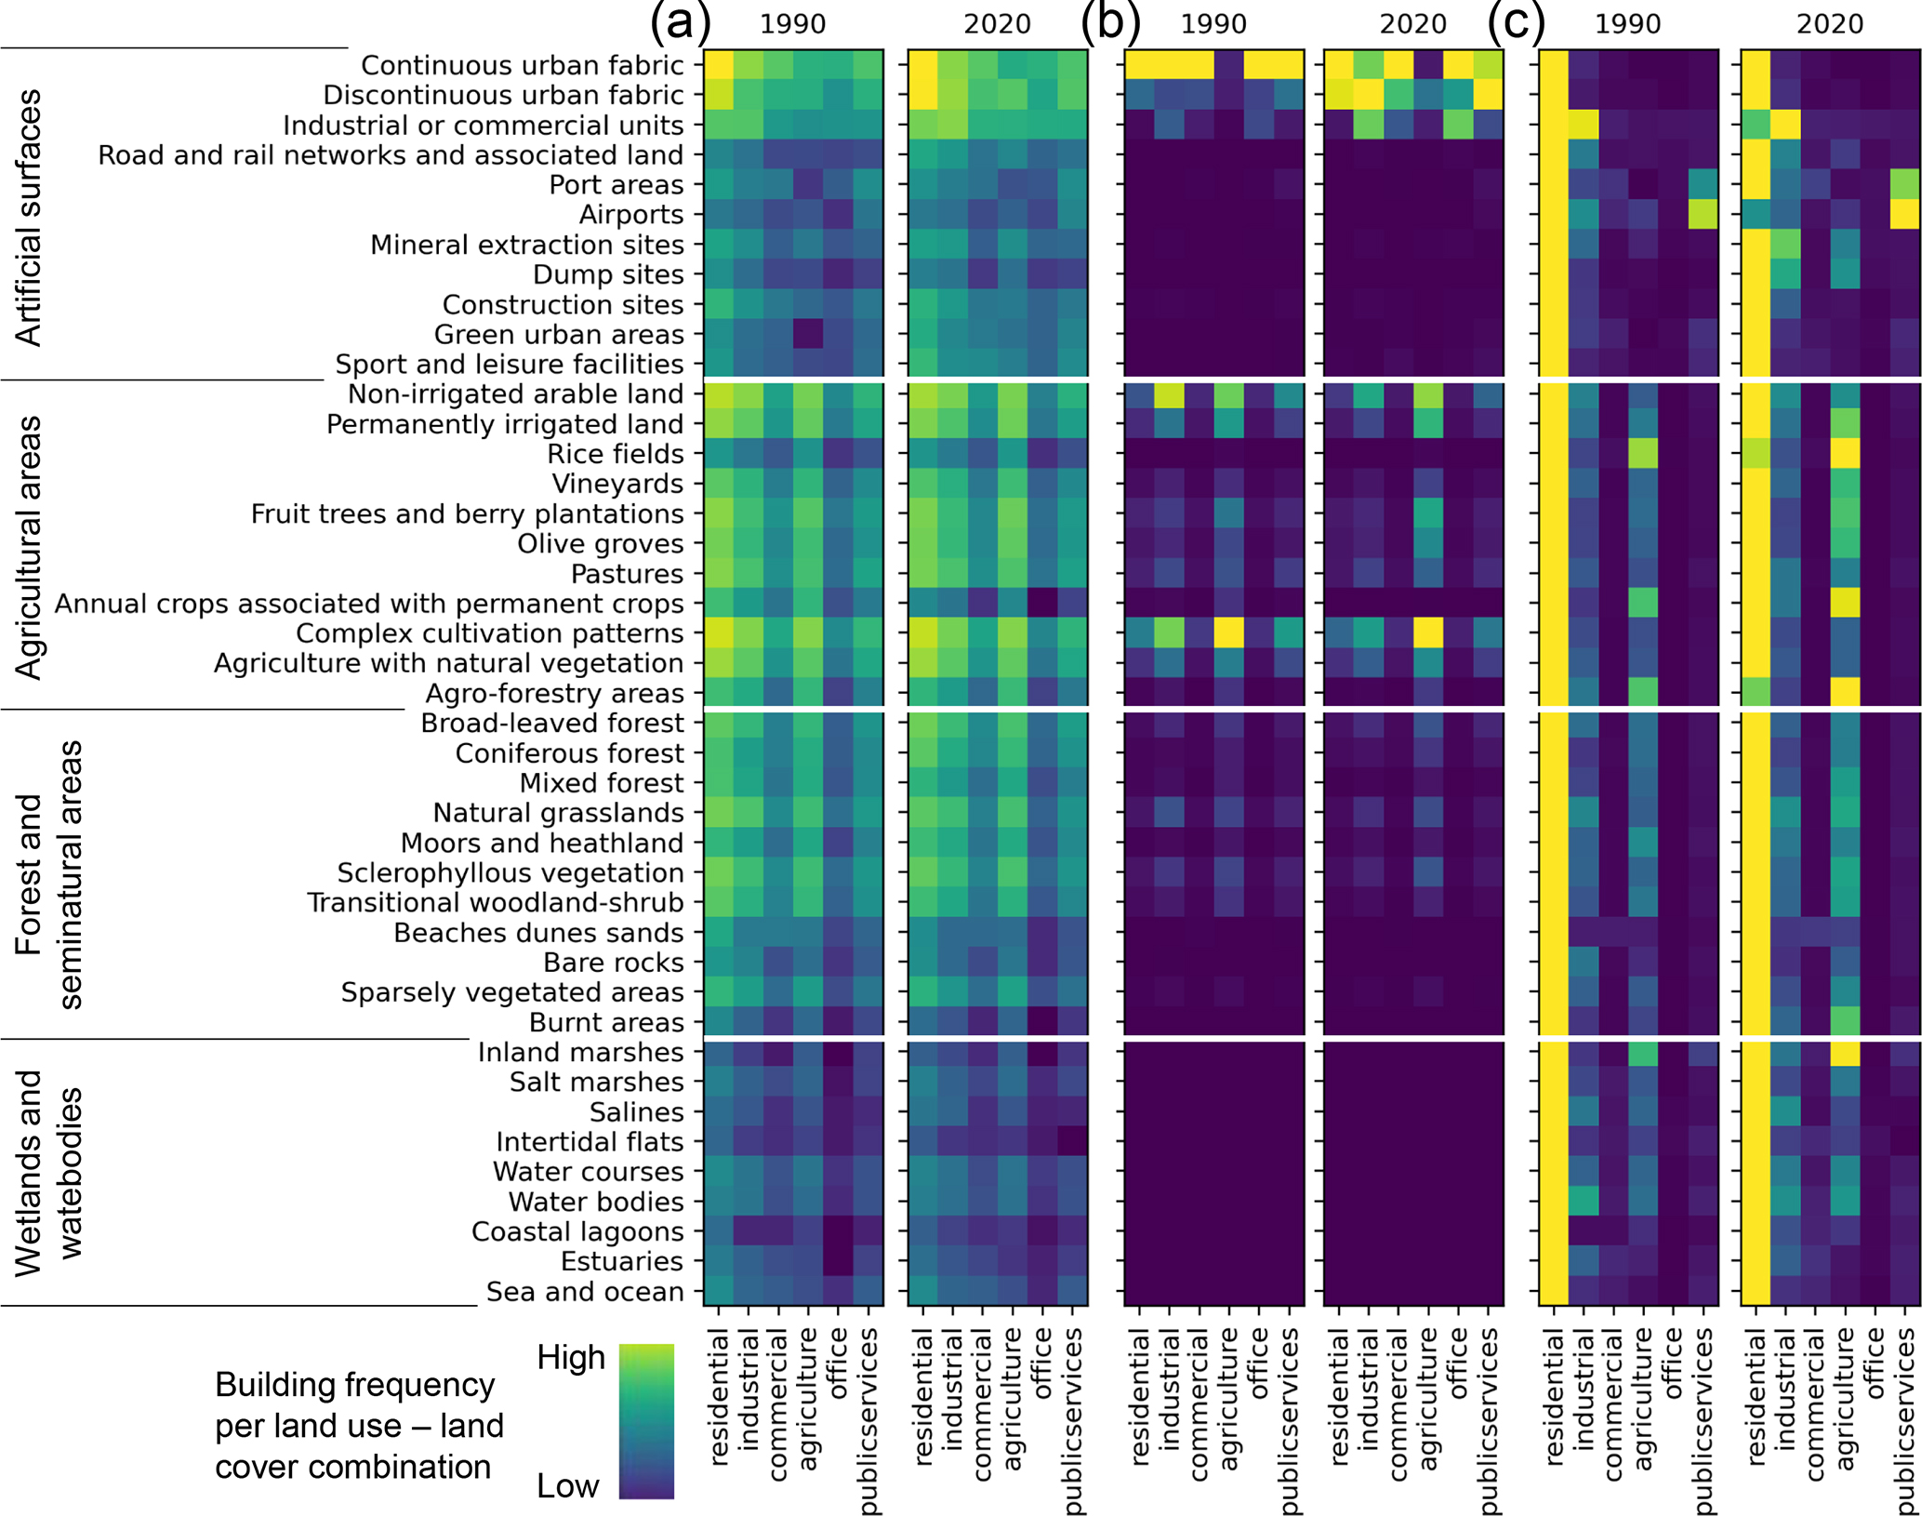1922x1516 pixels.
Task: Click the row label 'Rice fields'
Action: click(x=615, y=454)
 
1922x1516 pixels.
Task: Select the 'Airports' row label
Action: click(x=630, y=215)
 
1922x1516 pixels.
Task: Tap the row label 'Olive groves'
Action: click(x=600, y=544)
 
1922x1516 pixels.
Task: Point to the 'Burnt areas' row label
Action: click(x=605, y=1022)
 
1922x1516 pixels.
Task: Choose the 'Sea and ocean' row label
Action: click(x=584, y=1292)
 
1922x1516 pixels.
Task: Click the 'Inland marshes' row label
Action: click(x=580, y=1052)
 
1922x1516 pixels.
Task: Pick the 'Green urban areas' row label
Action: click(x=558, y=335)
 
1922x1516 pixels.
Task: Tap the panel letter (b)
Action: click(x=1110, y=22)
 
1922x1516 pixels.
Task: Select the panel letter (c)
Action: click(x=1517, y=22)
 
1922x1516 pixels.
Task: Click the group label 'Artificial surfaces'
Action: click(x=30, y=218)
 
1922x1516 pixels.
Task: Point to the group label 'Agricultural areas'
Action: click(x=30, y=547)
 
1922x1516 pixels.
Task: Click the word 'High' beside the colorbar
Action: click(x=571, y=1358)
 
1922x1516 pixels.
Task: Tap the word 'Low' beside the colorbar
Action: click(x=567, y=1485)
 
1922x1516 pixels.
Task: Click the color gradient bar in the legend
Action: click(x=646, y=1420)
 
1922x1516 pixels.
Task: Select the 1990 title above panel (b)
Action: click(x=1213, y=24)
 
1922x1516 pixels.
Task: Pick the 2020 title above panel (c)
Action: click(x=1829, y=24)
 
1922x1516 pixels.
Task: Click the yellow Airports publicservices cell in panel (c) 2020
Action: click(x=1905, y=215)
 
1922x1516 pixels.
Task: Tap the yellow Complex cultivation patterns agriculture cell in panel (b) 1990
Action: click(x=1229, y=633)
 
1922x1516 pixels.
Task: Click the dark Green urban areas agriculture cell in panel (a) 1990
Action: click(x=808, y=335)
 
